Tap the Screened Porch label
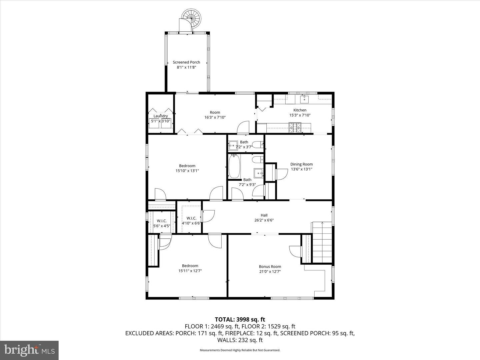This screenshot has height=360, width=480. point(186,62)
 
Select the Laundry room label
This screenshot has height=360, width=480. point(161,116)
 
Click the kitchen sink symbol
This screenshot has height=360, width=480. point(304,99)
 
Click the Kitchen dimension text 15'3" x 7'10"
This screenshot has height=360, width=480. point(300,115)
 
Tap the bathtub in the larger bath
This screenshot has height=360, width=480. point(234,167)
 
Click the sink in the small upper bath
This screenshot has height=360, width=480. point(232,145)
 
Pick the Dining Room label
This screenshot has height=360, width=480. point(301,164)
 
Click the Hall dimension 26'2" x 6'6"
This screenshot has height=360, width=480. point(264,220)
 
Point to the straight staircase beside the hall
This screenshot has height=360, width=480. point(322,243)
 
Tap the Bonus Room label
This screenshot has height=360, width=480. point(270,266)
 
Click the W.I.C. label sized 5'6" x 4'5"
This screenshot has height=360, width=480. point(162,221)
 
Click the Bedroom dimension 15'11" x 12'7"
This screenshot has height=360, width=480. point(190,271)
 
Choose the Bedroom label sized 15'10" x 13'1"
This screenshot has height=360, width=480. point(187,166)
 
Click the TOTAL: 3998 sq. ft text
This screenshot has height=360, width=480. point(240,320)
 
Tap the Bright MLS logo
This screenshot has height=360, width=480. point(29,350)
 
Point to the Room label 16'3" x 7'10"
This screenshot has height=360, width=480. point(215,112)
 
